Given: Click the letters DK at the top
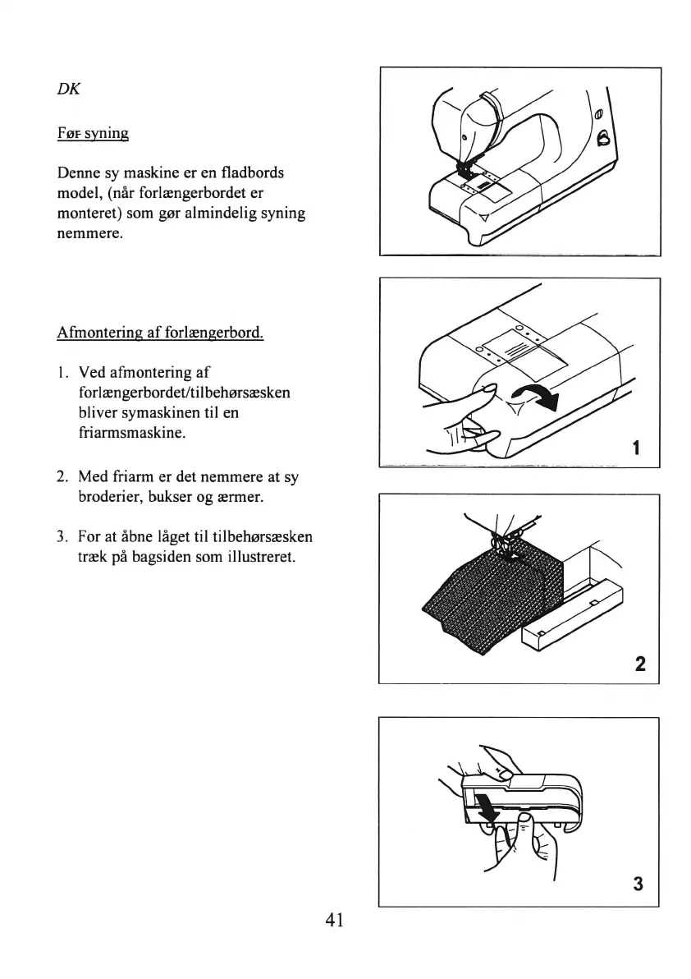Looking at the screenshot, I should (69, 90).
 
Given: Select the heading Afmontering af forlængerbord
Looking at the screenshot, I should (160, 333).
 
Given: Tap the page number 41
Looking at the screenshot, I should (333, 919).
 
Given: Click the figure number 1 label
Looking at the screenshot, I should (636, 448).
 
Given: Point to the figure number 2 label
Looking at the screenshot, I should (640, 663).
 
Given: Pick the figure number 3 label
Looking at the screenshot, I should (638, 885).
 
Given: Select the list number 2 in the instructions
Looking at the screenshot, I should (62, 476).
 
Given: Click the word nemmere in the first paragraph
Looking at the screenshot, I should (90, 233).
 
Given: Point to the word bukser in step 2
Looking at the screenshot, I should (176, 495).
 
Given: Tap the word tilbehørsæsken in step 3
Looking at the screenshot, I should (262, 538).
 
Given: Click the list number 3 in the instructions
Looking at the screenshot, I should (62, 538).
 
